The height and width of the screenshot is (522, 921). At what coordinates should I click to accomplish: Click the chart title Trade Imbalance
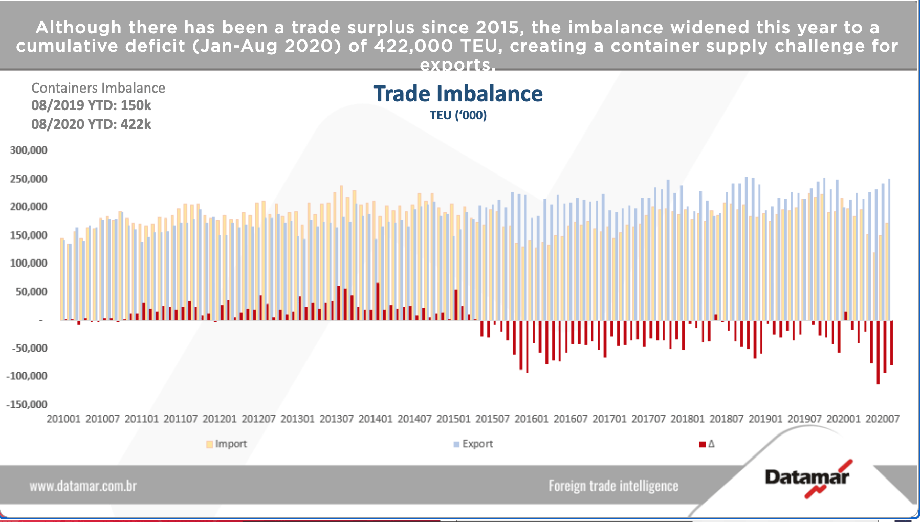(x=458, y=94)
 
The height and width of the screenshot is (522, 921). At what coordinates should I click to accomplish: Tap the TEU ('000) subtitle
(x=458, y=115)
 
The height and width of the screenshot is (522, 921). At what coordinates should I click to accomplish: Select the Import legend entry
(x=226, y=444)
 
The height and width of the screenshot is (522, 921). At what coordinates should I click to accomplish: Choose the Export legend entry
(x=473, y=444)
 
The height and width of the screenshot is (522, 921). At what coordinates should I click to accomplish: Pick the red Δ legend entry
(x=707, y=444)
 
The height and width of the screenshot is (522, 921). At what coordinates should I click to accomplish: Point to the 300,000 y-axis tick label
(x=29, y=150)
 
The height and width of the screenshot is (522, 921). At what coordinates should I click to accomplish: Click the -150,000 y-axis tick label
(x=27, y=404)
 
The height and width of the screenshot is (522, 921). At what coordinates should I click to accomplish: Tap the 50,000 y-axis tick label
(x=31, y=292)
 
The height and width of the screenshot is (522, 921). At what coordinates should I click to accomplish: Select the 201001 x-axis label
(x=63, y=419)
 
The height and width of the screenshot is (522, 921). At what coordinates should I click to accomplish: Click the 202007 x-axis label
(x=882, y=419)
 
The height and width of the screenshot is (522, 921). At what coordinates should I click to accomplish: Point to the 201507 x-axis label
(x=492, y=419)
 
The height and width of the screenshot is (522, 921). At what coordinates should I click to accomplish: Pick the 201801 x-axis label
(x=687, y=419)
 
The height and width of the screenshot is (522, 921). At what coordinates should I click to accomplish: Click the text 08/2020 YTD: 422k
(x=91, y=124)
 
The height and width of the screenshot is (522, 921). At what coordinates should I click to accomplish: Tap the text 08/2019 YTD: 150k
(x=91, y=105)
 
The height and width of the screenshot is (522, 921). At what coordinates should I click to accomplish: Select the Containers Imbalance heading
(x=98, y=88)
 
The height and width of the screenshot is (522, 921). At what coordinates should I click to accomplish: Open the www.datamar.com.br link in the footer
(x=83, y=486)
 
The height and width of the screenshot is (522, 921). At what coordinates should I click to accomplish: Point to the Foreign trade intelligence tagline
(x=613, y=486)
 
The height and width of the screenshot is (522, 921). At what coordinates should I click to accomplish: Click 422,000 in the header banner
(x=413, y=46)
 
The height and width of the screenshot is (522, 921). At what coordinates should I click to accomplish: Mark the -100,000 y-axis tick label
(x=27, y=376)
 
